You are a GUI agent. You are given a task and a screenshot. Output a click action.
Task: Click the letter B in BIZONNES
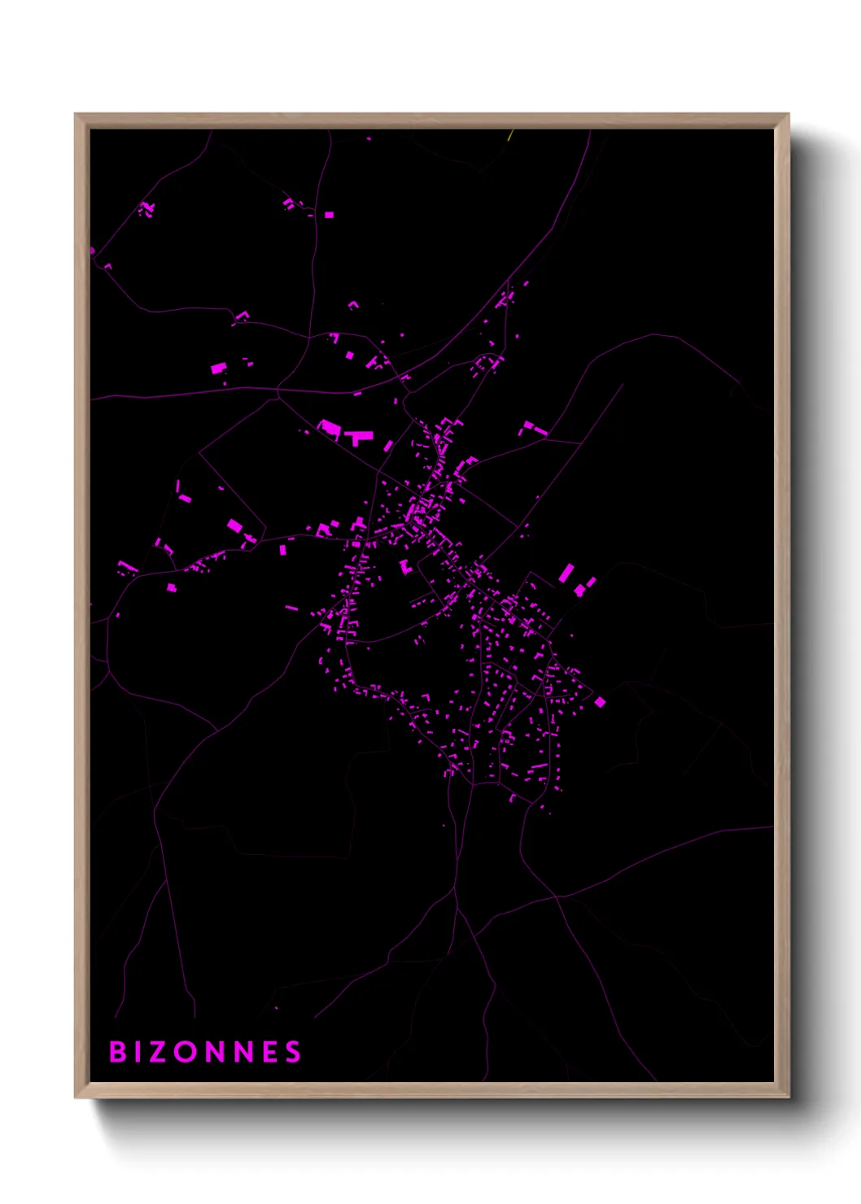118,1052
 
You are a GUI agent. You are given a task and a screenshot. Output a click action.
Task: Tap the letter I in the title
141,1052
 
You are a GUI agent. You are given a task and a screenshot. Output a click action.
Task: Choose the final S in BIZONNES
293,1052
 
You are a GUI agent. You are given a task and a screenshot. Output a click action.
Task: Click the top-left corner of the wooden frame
76,116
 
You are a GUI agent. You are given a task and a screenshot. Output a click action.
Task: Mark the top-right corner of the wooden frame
788,116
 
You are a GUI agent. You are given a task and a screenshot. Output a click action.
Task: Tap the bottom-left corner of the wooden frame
76,1096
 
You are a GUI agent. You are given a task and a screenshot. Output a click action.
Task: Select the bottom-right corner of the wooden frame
788,1096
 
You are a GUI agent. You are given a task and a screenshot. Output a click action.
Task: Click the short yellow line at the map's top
510,135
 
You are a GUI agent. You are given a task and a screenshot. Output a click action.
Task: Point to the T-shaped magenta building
358,438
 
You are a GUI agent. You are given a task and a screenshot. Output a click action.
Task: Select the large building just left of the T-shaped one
330,428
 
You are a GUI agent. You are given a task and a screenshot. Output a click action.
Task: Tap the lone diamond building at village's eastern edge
600,701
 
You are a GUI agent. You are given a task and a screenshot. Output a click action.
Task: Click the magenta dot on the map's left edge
92,251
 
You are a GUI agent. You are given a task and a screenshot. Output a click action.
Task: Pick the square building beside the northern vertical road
329,215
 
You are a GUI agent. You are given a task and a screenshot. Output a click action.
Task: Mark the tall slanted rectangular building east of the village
566,573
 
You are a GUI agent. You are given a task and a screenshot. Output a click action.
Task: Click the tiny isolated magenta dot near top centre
369,139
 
